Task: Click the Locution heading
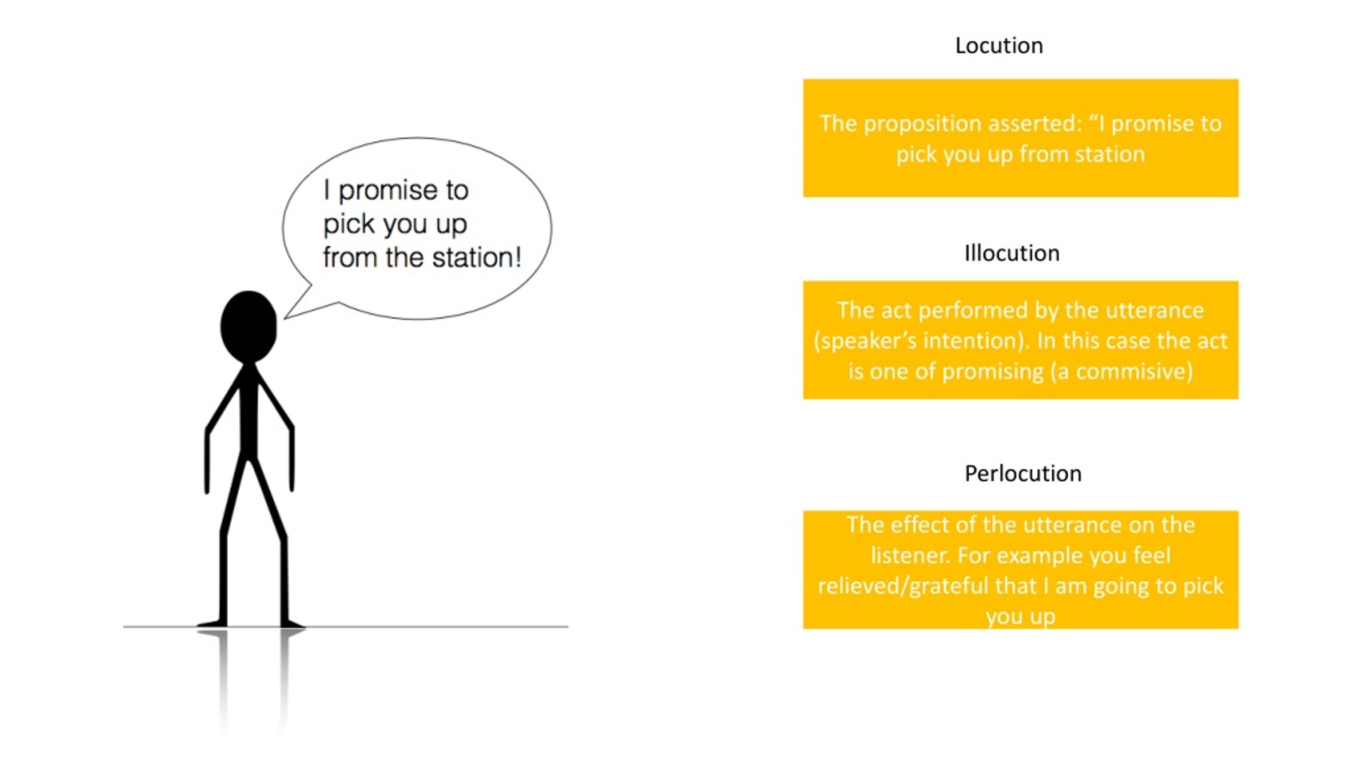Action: [x=999, y=46]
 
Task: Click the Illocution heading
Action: [x=1012, y=254]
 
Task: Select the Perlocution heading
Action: [x=1023, y=474]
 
